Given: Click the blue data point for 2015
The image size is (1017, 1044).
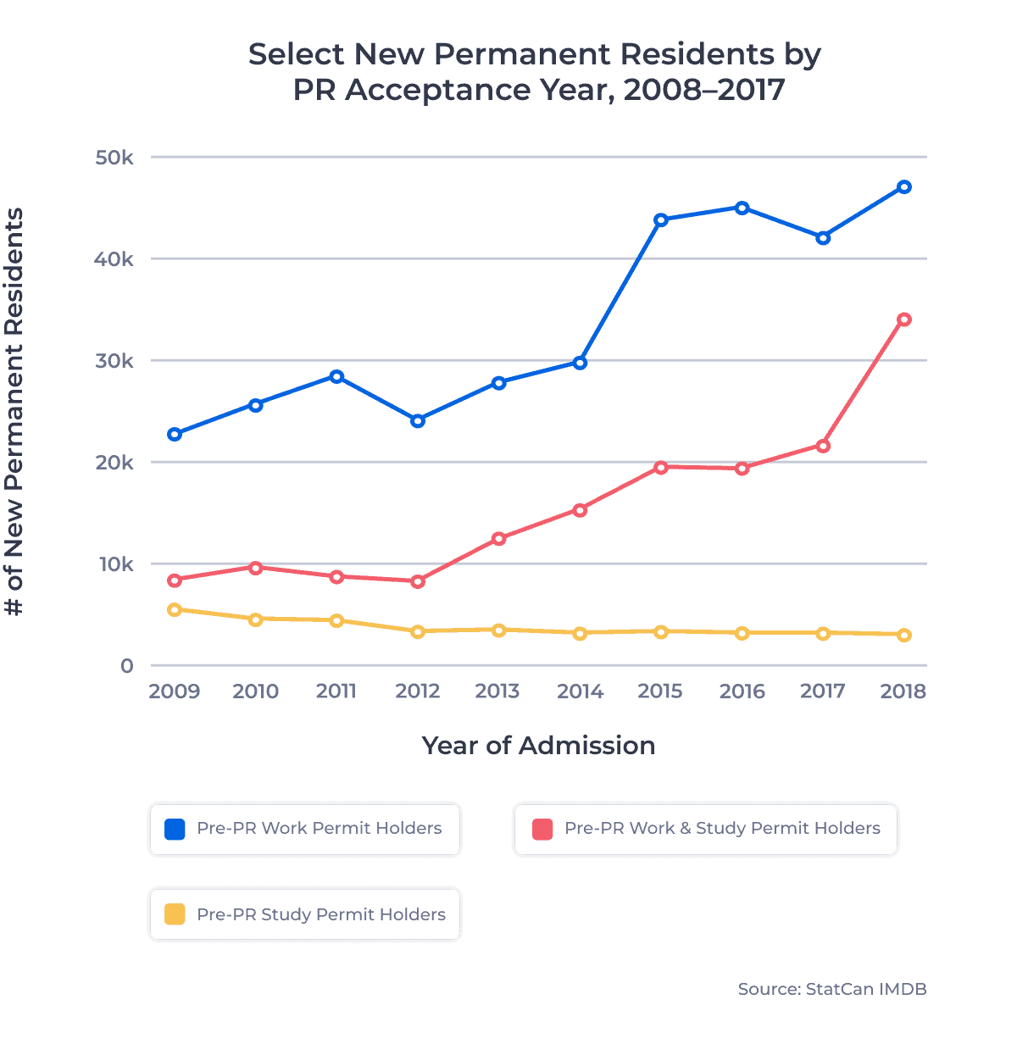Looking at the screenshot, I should pos(661,220).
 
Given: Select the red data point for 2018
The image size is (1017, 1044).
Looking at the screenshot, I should pos(904,319).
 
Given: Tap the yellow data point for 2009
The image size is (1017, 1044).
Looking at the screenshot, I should pos(175,609).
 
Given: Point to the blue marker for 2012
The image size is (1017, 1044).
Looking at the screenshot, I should pos(418,420).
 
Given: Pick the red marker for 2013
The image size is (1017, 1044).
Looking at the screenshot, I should pos(498,538).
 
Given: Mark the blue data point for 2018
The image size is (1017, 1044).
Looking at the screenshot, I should pos(904,187).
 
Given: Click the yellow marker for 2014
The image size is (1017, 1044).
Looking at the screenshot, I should pos(580,633).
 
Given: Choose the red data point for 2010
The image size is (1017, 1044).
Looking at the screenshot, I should pos(255,567).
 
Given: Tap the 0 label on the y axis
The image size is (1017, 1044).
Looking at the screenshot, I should pos(127,666).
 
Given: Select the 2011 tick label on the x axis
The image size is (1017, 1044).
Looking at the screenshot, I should pos(336,691).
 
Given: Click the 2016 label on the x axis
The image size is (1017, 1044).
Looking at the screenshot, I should pos(742,691).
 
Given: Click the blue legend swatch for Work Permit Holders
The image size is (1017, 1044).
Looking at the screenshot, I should pos(175,829).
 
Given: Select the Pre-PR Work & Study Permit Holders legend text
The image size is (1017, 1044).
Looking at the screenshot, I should pos(722,829).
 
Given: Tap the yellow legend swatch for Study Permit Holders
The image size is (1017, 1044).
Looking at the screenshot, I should pos(175,914).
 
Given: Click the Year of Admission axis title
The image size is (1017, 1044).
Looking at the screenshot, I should pos(538,746).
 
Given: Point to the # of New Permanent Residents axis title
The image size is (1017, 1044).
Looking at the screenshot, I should pos(14,412).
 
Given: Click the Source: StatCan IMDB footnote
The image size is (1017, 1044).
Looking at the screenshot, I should pos(831,989).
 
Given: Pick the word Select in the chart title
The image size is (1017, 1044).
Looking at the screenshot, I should pos(296,54).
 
